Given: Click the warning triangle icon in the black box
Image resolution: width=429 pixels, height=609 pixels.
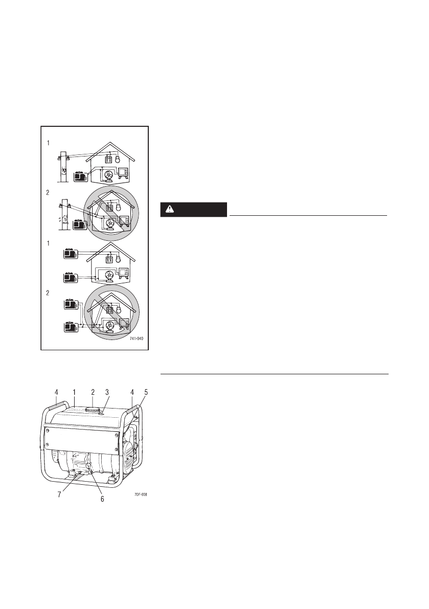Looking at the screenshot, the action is pos(170,209).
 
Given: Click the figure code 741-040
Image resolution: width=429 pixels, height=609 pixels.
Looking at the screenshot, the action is pos(137,339).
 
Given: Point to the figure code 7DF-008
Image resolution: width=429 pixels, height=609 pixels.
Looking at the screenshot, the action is pos(141,494).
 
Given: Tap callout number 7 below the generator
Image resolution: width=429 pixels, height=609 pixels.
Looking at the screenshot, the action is pos(59,495).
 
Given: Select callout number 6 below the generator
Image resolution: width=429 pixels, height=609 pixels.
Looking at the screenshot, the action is pos(102,499).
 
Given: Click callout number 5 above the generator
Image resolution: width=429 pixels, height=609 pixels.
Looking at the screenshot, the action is pos(146,392).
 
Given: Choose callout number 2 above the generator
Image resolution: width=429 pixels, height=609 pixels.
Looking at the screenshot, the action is pos(93,392).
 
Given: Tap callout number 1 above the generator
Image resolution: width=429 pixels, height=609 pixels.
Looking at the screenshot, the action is pos(74,392).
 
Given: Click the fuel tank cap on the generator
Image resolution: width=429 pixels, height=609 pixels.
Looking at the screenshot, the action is pos(93,410).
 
